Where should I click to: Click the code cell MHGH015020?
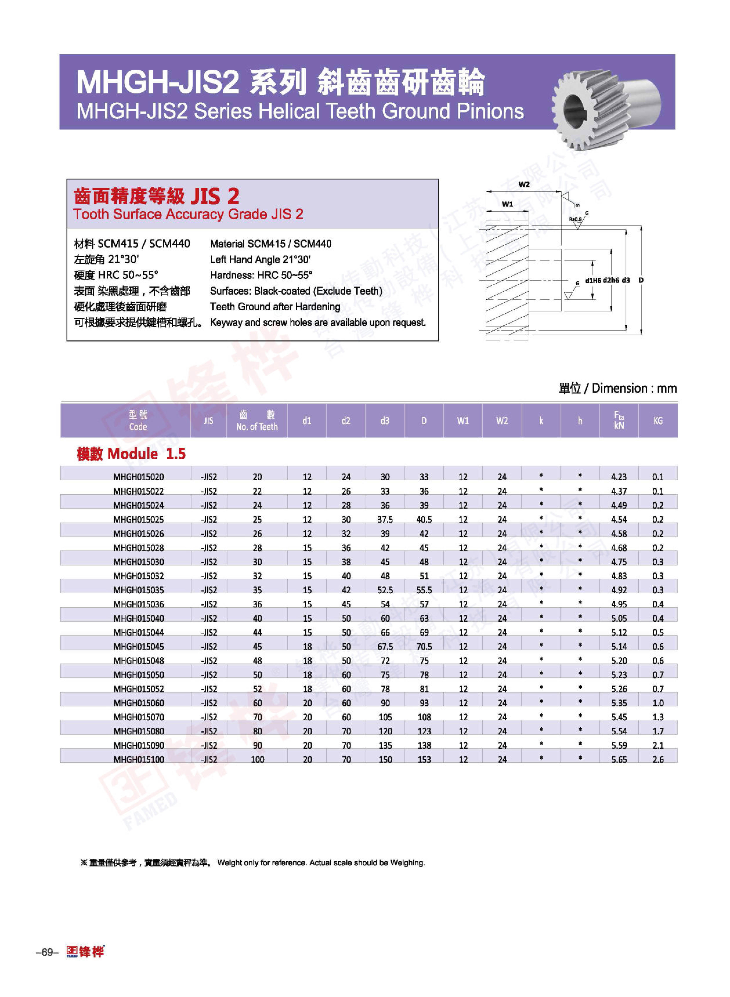pyautogui.click(x=138, y=477)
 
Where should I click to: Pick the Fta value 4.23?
pyautogui.click(x=619, y=477)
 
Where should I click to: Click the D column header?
pyautogui.click(x=424, y=421)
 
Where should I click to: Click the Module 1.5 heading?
pyautogui.click(x=131, y=454)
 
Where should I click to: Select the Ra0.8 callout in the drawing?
pyautogui.click(x=575, y=219)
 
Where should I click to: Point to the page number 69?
pyautogui.click(x=47, y=952)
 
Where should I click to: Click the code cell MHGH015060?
pyautogui.click(x=138, y=703)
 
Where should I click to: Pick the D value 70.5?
pyautogui.click(x=424, y=646)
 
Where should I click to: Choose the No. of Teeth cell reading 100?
pyautogui.click(x=257, y=759)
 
